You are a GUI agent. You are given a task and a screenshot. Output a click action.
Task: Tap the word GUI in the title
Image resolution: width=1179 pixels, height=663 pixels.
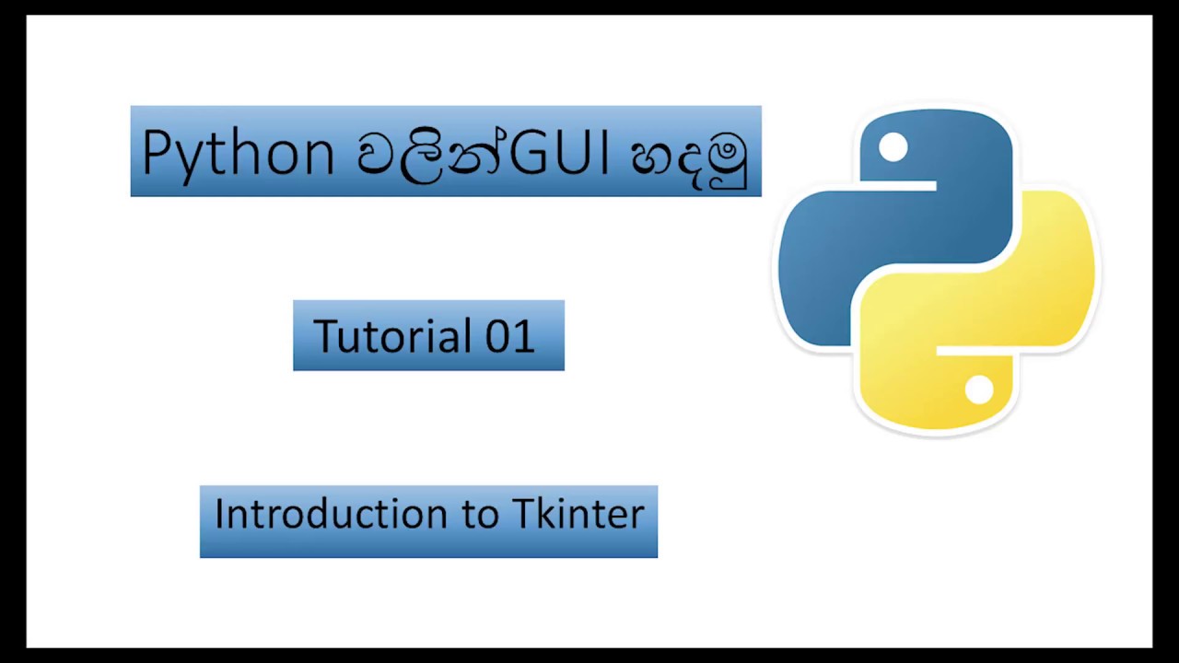pos(558,152)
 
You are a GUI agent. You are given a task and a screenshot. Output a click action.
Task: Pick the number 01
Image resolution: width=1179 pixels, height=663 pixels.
pos(509,336)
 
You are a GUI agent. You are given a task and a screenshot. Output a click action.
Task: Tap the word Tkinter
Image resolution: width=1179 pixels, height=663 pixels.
pos(578,514)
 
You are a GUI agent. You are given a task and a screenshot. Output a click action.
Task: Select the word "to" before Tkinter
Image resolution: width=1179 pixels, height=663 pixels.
pos(480,515)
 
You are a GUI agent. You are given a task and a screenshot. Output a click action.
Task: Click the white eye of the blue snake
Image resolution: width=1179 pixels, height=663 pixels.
pos(893,147)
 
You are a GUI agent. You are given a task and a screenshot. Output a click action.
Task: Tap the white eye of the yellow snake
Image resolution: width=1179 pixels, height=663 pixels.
pos(979,390)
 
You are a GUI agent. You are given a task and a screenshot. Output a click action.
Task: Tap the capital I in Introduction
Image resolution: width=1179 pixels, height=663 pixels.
pos(220,513)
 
